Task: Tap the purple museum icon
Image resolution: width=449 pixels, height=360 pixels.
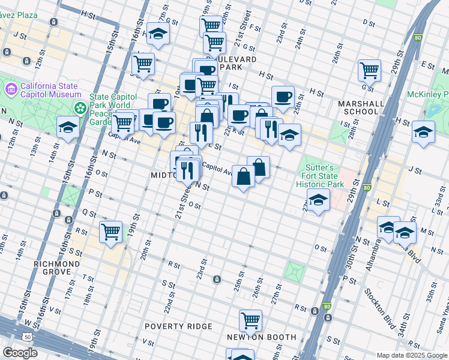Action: pos(10,90)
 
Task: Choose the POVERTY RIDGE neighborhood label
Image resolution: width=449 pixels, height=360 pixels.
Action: pos(178,326)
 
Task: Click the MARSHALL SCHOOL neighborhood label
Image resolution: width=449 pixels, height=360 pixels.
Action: pos(361,107)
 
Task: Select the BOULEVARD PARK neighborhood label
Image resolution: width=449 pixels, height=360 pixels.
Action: pos(231,64)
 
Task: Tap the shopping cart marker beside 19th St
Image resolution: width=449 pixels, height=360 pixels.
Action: pos(110,230)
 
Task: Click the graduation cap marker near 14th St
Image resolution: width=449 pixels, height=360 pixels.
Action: pos(68,127)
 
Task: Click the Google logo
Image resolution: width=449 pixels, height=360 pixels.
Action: pos(20,353)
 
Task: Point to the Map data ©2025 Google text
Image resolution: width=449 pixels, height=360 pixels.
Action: pos(411,355)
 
